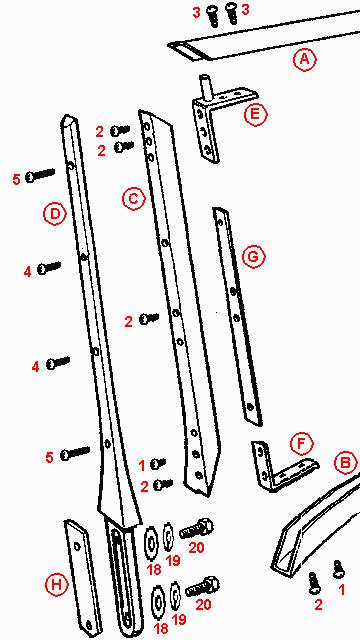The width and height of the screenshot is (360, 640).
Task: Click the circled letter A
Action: click(304, 60)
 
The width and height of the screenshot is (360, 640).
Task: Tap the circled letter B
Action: click(344, 463)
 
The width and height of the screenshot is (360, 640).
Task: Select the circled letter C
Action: click(132, 198)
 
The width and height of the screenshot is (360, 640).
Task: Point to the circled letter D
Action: click(55, 213)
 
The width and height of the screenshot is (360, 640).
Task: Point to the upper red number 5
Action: click(16, 179)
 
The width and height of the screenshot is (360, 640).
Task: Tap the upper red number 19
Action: click(172, 560)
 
